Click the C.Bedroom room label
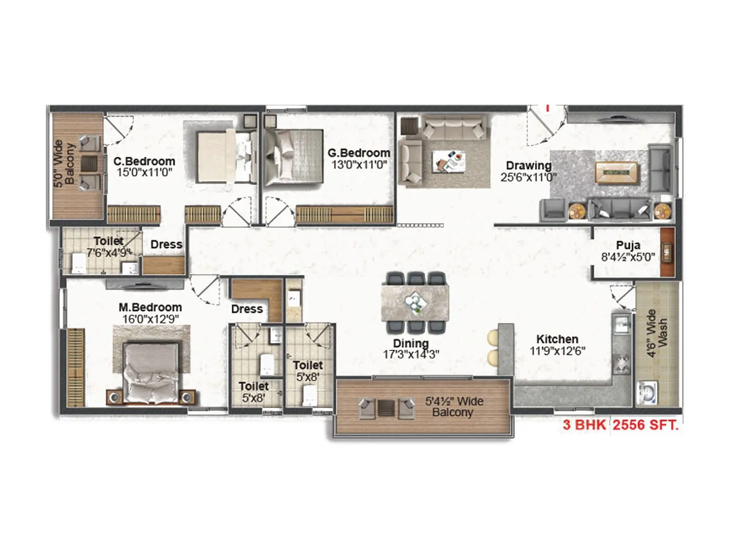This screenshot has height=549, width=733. point(144,161)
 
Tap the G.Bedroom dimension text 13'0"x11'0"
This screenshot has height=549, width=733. point(359,165)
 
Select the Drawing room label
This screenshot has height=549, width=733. point(528,166)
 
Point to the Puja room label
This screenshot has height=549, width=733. point(628,245)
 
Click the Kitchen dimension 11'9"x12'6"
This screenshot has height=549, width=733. point(557,351)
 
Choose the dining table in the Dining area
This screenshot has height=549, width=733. point(415,302)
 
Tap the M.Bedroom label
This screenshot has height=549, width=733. point(150,307)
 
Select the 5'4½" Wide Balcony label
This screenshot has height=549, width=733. point(454,407)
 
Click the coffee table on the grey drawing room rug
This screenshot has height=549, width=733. point(616,172)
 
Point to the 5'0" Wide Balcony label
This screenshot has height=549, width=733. point(64,163)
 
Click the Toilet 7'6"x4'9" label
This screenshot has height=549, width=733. point(109,247)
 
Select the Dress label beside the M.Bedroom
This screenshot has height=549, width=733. point(246,309)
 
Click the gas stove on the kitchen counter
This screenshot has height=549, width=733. point(622,362)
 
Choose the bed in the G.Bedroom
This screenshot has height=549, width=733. point(294,158)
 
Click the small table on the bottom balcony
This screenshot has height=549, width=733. point(386,408)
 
